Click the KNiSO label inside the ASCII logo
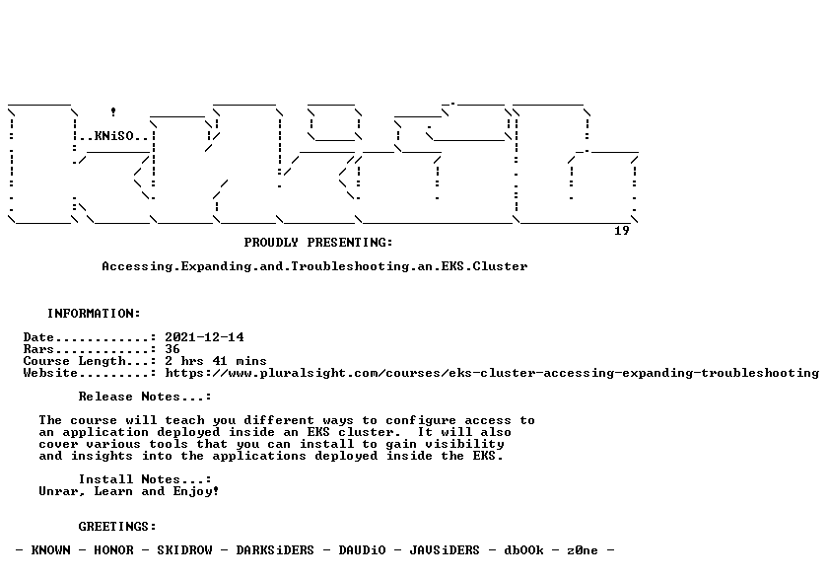(114, 136)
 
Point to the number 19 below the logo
(622, 231)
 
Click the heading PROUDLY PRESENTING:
(318, 243)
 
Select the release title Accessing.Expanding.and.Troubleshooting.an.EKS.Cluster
(314, 266)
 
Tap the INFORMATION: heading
(94, 314)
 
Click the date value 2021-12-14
(204, 337)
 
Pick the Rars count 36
(172, 349)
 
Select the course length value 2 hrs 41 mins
(216, 361)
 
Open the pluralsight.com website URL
(492, 374)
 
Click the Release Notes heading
(145, 397)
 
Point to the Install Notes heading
(145, 479)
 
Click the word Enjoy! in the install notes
(196, 492)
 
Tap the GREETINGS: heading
(117, 527)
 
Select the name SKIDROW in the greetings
(184, 550)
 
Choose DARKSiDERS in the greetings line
(275, 550)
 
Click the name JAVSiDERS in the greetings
(445, 550)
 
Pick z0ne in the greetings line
(583, 550)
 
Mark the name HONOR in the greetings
(113, 550)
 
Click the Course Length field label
(75, 361)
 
